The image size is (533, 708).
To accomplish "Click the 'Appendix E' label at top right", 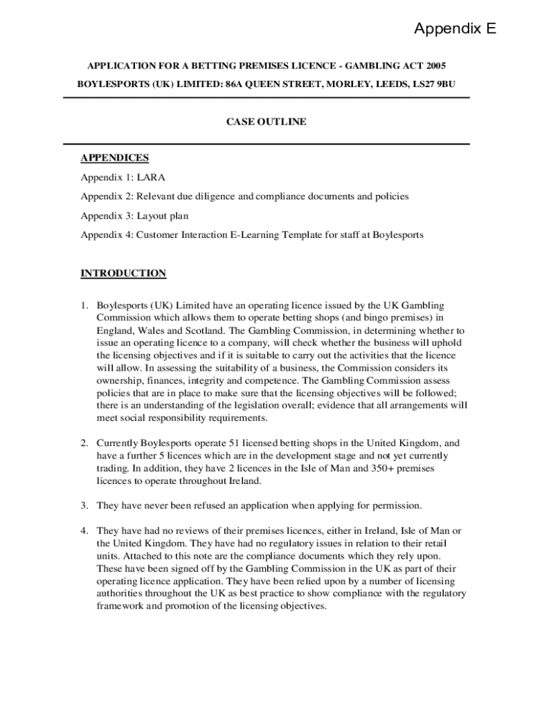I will [455, 29].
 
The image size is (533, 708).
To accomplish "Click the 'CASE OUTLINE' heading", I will [266, 122].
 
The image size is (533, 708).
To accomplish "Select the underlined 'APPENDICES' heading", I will [114, 158].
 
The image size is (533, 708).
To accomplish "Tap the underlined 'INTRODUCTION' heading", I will [123, 273].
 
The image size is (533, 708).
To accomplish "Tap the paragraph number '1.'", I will [84, 306].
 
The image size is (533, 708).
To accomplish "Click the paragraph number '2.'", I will [84, 443].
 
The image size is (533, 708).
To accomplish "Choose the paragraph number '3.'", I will [84, 505].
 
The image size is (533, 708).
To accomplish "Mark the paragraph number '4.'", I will [84, 531].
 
